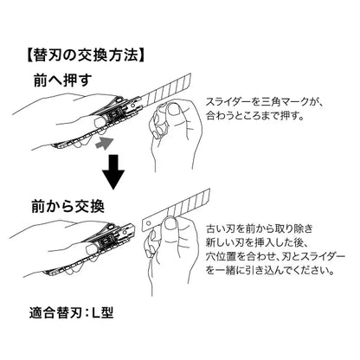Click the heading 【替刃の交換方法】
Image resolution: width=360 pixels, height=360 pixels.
click(x=86, y=55)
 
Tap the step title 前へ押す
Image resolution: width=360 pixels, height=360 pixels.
click(x=62, y=80)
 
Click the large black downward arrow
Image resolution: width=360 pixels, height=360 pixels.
click(x=113, y=172)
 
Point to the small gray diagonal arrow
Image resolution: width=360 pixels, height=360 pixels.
click(x=103, y=143)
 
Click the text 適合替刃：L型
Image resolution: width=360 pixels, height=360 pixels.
click(x=71, y=312)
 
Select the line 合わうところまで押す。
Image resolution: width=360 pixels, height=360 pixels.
click(x=255, y=116)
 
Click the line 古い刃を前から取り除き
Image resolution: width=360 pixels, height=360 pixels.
click(x=259, y=228)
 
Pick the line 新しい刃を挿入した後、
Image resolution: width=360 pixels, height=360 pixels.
click(x=258, y=243)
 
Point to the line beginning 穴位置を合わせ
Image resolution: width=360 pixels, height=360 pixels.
click(x=275, y=257)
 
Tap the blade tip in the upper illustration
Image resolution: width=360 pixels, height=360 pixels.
click(x=190, y=74)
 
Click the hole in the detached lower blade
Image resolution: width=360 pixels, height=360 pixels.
click(x=149, y=223)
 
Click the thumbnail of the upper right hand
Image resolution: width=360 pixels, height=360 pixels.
click(x=173, y=111)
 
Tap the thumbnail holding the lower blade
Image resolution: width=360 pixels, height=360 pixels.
click(x=169, y=225)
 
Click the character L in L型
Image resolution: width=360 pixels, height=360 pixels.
click(x=96, y=312)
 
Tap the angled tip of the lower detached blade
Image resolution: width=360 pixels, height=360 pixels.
click(x=209, y=190)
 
